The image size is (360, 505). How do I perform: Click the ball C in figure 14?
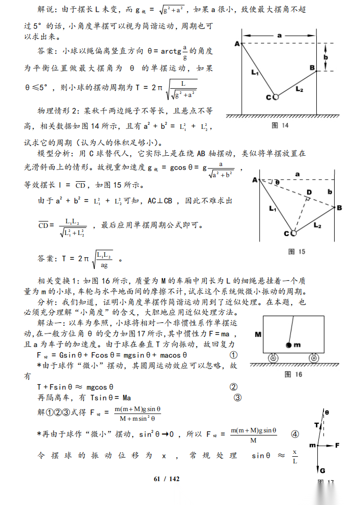pos(276,97)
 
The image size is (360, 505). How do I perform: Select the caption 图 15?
pos(297,251)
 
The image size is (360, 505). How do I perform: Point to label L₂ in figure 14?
pos(299,89)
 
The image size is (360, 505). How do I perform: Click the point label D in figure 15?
pos(309,192)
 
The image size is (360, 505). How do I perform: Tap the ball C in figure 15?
pos(293,233)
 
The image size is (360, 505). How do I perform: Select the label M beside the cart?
pos(257,335)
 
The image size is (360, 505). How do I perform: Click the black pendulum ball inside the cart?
pos(288,345)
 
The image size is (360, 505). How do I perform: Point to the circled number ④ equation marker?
pos(295,434)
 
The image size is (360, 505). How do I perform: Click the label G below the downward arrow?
pos(322,470)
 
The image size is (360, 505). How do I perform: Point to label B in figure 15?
pos(339,208)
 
